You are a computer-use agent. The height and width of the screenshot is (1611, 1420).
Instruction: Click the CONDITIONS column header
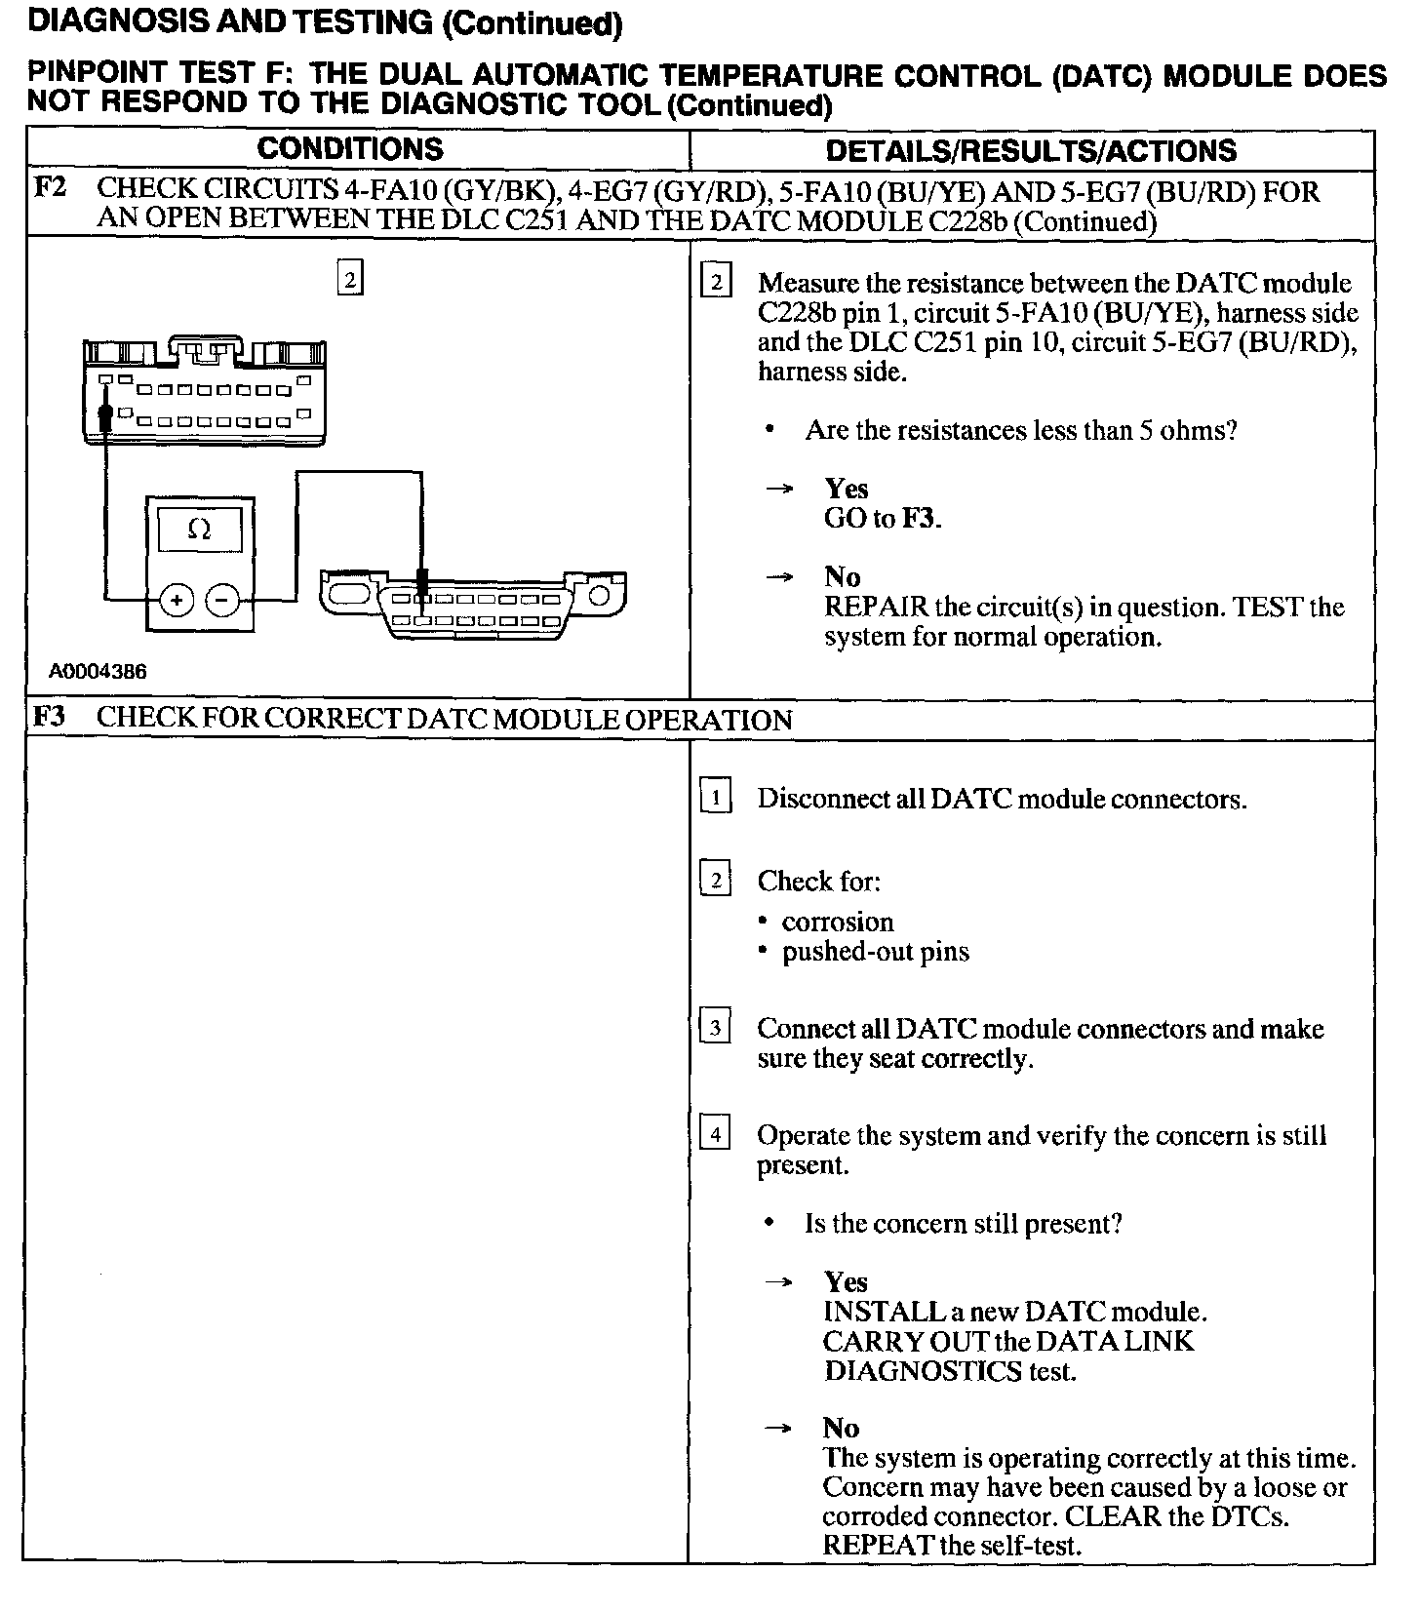[350, 149]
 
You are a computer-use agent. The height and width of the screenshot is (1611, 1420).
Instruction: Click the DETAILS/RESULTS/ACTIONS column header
[1031, 150]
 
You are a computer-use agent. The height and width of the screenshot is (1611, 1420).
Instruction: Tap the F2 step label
[50, 187]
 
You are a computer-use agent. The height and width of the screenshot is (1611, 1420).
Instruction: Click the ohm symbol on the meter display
[199, 530]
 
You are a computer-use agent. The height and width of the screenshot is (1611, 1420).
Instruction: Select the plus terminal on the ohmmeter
[177, 600]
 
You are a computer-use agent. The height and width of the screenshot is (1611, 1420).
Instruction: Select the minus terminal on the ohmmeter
[224, 600]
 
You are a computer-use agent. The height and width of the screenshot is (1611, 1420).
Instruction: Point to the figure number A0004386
[99, 672]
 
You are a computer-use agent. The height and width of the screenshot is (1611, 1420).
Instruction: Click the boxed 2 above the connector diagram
[349, 279]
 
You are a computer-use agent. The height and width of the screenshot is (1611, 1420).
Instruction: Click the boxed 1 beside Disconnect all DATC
[716, 799]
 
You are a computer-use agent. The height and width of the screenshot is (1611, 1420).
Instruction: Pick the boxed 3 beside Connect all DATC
[716, 1028]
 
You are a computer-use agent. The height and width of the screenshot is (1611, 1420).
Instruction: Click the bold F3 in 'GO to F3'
[919, 518]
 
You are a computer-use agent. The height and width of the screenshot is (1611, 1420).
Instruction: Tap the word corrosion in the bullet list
[837, 922]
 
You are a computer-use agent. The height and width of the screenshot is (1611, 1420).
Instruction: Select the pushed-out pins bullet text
[875, 952]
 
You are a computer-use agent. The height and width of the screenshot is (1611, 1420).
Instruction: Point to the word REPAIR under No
[876, 607]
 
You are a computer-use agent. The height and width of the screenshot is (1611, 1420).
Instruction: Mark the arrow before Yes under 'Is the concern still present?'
[776, 1282]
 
